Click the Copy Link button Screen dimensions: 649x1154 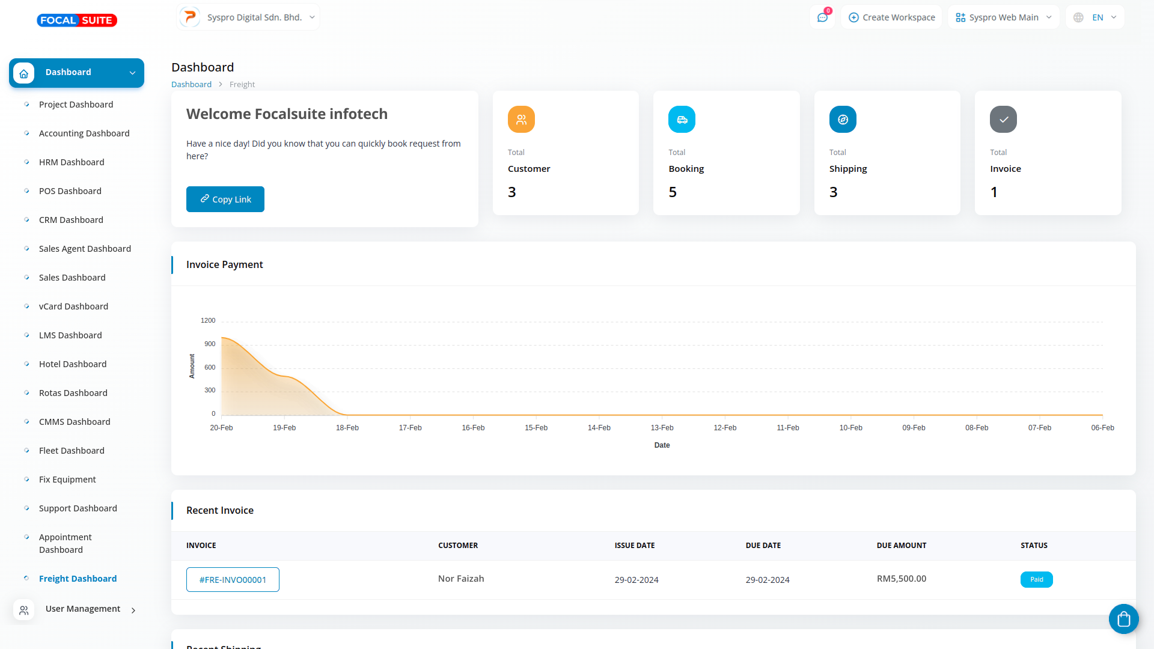tap(225, 200)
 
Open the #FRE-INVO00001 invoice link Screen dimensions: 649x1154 tap(233, 580)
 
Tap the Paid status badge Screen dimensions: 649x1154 tap(1036, 579)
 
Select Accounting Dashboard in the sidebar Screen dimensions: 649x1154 tap(84, 133)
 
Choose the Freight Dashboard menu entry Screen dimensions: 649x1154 tap(78, 579)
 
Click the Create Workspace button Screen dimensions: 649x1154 tap(892, 17)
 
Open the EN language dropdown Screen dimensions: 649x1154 tap(1095, 17)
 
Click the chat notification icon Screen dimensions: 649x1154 tap(822, 17)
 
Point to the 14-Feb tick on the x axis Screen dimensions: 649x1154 tap(599, 428)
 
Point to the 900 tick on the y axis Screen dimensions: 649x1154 tap(210, 344)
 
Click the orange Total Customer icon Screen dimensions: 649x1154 tap(521, 120)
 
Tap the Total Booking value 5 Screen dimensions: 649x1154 tap(673, 192)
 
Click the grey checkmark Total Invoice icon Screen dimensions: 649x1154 tap(1003, 120)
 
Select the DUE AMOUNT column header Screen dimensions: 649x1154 tap(901, 546)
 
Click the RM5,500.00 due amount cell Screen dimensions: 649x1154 tap(901, 579)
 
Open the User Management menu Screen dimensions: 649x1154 tap(83, 609)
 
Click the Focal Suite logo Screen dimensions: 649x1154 tap(77, 20)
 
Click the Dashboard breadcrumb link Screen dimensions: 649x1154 tap(191, 85)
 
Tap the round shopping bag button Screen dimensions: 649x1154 tap(1123, 619)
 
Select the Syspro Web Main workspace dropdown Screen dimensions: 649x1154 tap(1003, 17)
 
